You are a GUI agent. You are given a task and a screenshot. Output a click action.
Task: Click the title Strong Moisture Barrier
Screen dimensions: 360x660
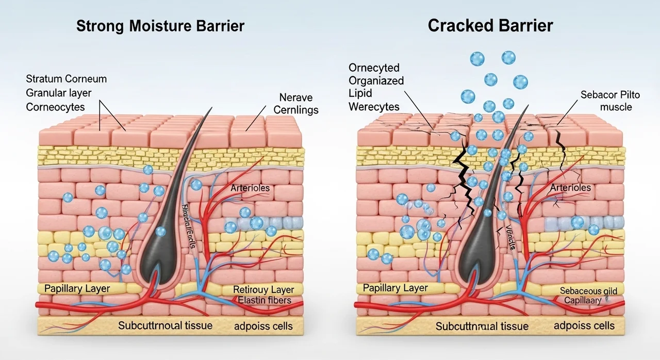160,27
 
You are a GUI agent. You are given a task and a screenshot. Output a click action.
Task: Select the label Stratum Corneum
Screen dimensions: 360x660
66,79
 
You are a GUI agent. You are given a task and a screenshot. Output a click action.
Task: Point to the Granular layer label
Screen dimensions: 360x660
58,94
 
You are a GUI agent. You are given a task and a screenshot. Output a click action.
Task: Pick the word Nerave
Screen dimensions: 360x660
295,97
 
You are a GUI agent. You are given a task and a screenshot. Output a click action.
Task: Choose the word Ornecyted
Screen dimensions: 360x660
374,68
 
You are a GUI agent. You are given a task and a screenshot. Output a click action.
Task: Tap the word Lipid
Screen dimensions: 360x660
360,94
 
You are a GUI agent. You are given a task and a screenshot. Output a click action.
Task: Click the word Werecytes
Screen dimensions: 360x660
374,107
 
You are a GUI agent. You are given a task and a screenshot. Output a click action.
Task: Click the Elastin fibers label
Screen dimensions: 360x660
262,300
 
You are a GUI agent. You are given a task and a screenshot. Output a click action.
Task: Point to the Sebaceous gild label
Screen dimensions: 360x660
588,291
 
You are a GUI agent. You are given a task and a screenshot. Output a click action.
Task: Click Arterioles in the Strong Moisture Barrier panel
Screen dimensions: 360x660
250,188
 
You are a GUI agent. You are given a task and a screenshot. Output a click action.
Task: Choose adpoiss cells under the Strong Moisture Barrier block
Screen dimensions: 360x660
263,326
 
